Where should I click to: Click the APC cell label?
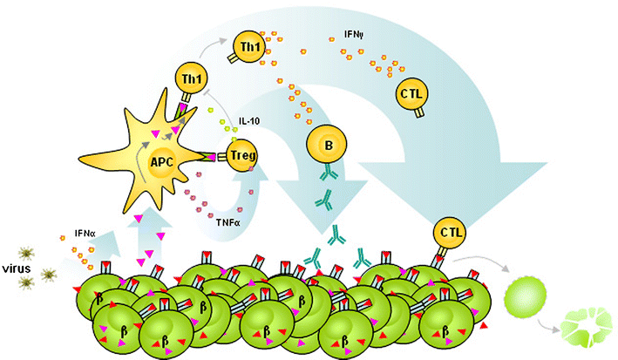(162, 162)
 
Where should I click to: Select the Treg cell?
(242, 155)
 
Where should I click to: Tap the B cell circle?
(327, 145)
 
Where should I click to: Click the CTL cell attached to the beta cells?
(449, 233)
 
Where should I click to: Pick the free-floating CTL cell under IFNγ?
(411, 94)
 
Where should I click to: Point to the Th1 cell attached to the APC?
(191, 78)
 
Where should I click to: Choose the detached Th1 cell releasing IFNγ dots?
(249, 47)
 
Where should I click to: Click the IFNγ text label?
(354, 35)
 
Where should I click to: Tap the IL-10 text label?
(249, 121)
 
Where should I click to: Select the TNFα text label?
(228, 223)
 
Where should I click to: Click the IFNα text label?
(85, 234)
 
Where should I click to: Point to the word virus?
(17, 269)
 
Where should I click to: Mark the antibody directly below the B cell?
(326, 173)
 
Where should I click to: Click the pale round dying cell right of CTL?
(526, 296)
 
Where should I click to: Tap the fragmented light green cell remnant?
(585, 327)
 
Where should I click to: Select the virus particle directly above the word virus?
(26, 254)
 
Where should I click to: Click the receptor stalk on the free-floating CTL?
(419, 112)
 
